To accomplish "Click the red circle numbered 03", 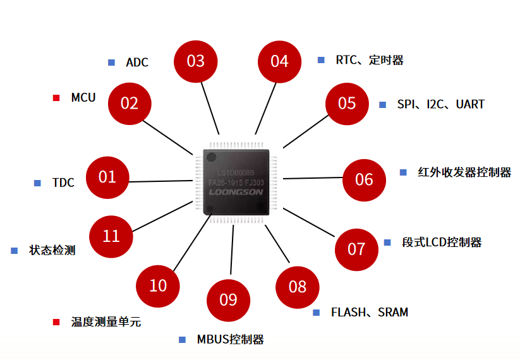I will [x=196, y=61].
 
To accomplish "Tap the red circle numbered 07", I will [x=356, y=249].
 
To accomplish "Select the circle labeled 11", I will [x=111, y=236].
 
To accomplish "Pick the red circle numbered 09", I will [x=228, y=299].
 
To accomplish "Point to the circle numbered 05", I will [x=347, y=104].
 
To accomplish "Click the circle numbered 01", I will [x=107, y=177].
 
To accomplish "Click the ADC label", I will [x=137, y=63].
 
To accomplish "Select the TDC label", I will [x=63, y=183].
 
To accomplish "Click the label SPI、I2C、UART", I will [x=440, y=104].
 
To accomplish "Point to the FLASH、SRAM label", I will [x=370, y=313].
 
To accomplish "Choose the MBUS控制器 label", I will [x=229, y=340].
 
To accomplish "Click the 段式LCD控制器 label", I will [x=442, y=243].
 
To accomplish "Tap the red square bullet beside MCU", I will [x=56, y=98].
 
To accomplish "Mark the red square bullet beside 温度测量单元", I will [x=56, y=322].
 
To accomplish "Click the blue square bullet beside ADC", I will [x=112, y=63].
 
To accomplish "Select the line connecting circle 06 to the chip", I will [x=313, y=179].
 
